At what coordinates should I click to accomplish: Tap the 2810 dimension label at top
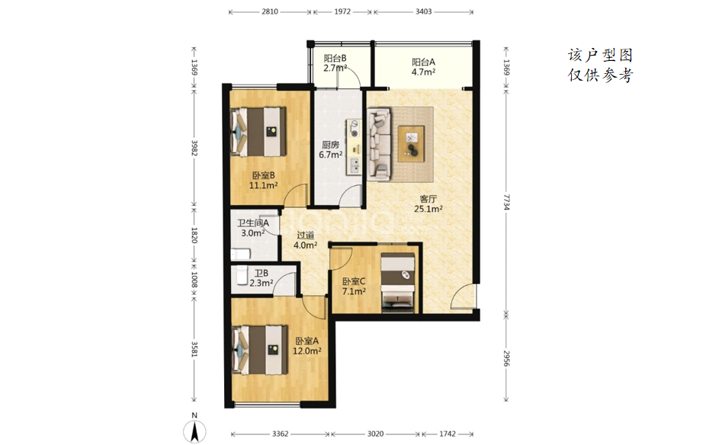click(270, 11)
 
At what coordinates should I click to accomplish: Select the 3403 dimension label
click(423, 11)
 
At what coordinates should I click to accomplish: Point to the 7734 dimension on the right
click(506, 203)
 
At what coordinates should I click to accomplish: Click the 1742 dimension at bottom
click(447, 434)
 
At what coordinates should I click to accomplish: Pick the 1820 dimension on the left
click(194, 235)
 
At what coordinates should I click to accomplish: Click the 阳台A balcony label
click(423, 62)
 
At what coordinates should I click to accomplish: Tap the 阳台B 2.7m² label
click(335, 63)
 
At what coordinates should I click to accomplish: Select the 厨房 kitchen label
click(330, 145)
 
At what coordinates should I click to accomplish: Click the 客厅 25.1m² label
click(428, 203)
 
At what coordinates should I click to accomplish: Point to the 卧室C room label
click(354, 282)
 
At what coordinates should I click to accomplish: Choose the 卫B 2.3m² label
click(262, 279)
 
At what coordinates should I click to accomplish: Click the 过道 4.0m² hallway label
click(305, 240)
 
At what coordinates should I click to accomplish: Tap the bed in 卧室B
click(258, 132)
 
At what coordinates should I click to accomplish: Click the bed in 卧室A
click(259, 351)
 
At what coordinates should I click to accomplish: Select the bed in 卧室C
click(397, 282)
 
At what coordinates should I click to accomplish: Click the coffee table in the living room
click(411, 144)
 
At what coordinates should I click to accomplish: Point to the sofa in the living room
click(379, 144)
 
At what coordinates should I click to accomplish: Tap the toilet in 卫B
click(242, 275)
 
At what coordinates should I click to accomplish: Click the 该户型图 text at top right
click(600, 55)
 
